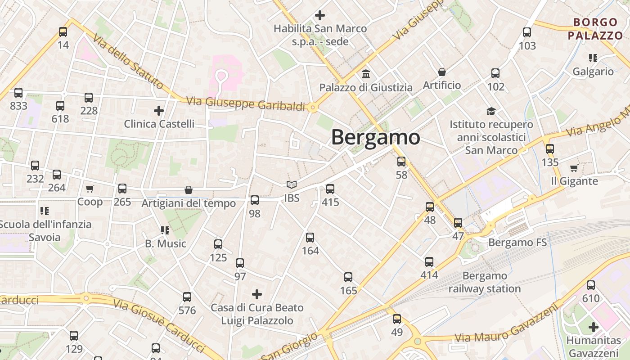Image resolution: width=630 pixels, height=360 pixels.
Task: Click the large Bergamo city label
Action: (x=376, y=138)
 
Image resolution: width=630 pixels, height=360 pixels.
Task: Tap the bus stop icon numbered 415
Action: (x=330, y=189)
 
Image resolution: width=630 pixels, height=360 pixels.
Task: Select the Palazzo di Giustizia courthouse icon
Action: (x=366, y=74)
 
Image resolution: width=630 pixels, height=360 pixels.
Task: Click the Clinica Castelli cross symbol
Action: (x=159, y=110)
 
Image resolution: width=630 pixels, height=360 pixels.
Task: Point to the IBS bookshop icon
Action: (x=292, y=185)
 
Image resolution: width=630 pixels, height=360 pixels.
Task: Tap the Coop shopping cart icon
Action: (x=90, y=189)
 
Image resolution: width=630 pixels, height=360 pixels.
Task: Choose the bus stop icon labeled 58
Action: (x=401, y=162)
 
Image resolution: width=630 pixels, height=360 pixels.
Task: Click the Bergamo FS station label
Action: (x=517, y=243)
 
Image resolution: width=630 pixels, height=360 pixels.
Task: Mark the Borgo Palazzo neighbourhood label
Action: (x=595, y=29)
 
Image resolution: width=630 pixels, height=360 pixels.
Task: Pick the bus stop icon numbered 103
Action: (x=527, y=32)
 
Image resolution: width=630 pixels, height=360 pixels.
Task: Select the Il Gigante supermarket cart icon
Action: (x=574, y=168)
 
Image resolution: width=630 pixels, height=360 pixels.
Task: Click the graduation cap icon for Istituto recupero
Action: (x=491, y=111)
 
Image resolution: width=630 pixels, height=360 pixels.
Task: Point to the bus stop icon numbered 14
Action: (x=63, y=32)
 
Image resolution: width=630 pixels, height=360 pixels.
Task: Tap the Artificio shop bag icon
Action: (x=442, y=72)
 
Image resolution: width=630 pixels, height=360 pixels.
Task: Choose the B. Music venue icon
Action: (x=165, y=230)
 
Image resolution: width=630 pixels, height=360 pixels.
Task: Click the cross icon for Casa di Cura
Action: (x=257, y=294)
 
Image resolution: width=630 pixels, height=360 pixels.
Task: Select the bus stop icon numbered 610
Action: (x=591, y=285)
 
